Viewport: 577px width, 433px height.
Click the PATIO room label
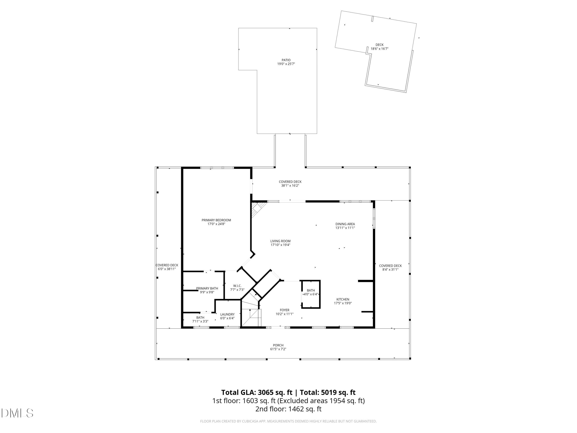coord(286,60)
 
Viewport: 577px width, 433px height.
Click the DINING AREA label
coord(345,224)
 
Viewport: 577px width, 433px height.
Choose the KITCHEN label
coord(343,299)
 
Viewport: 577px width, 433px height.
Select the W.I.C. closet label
coord(237,286)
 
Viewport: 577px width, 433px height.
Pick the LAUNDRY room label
coord(227,314)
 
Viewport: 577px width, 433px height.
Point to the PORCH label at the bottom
coord(278,345)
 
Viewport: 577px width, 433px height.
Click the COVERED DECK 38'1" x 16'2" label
coord(290,182)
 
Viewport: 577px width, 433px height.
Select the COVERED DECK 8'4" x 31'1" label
coord(390,266)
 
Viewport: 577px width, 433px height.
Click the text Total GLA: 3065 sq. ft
coord(257,392)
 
